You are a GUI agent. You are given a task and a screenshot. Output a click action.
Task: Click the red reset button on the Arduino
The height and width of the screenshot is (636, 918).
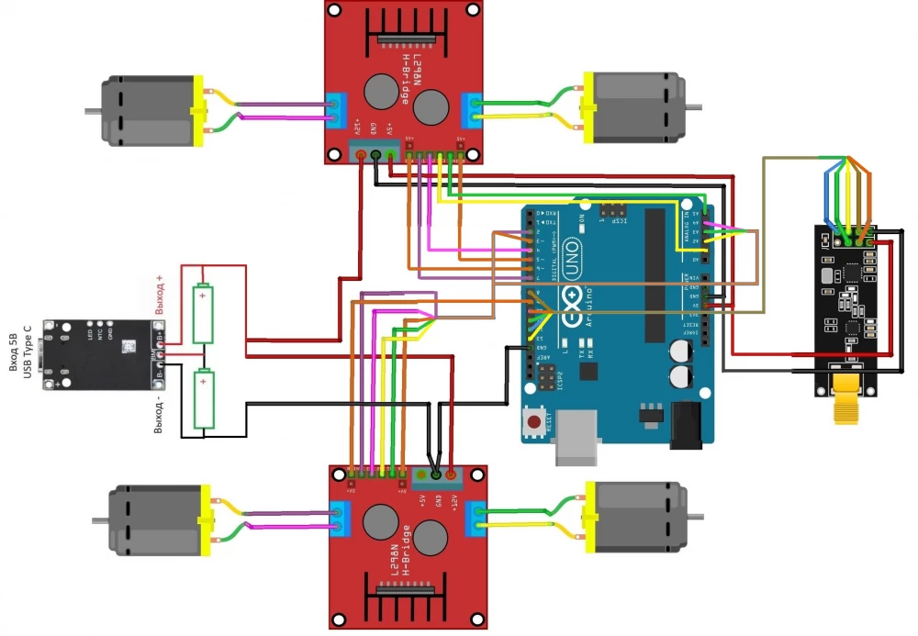click(x=533, y=423)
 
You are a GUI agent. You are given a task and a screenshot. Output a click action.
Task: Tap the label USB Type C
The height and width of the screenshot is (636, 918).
click(x=28, y=351)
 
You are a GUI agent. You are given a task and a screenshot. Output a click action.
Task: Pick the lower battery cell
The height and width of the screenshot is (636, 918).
click(x=202, y=399)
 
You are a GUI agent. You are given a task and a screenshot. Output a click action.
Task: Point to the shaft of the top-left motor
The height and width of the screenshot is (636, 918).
click(x=92, y=112)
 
